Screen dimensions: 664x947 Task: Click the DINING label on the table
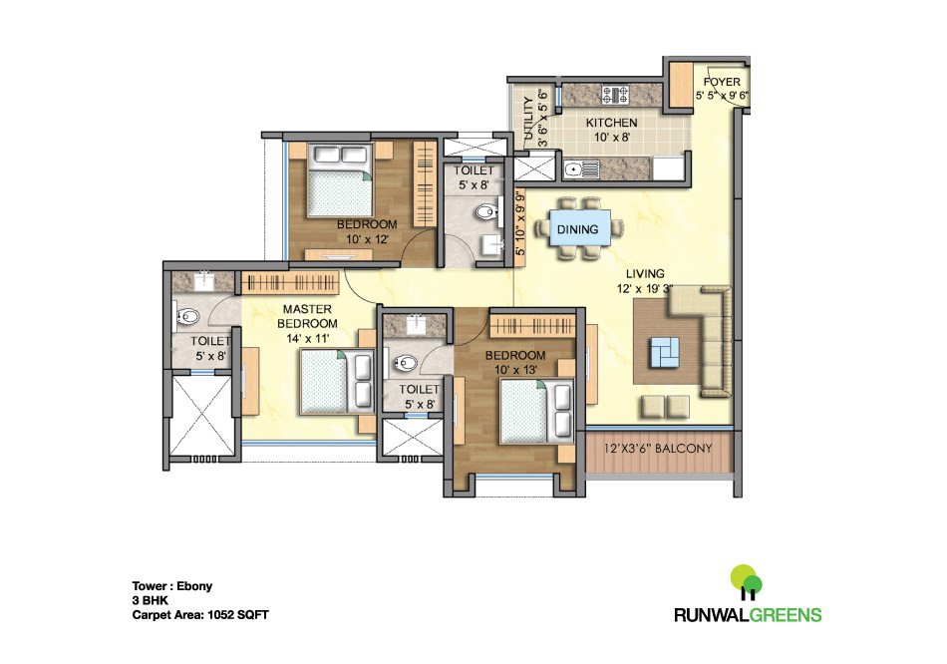coord(577,229)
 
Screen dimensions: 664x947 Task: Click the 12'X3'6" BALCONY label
coord(658,449)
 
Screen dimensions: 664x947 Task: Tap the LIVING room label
coord(645,273)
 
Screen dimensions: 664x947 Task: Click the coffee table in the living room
coord(665,351)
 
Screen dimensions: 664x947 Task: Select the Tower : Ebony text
coord(173,586)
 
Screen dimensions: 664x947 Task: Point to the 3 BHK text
coord(151,601)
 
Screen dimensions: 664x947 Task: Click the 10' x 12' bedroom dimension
coord(367,239)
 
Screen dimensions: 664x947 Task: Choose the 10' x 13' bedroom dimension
coord(515,371)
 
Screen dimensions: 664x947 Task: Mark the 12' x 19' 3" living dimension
coord(645,289)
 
